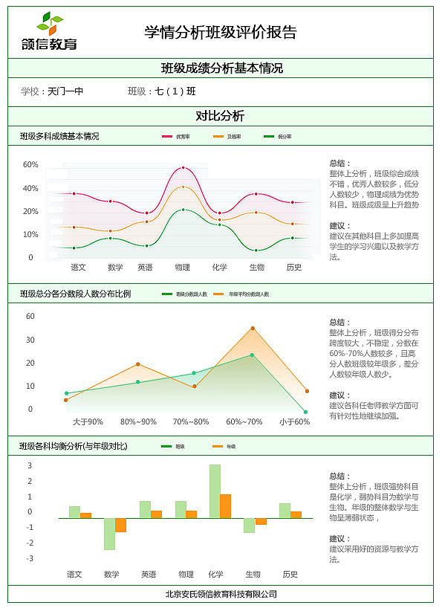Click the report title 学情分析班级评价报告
pyautogui.click(x=221, y=32)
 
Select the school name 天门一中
pyautogui.click(x=65, y=91)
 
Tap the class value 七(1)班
pyautogui.click(x=175, y=91)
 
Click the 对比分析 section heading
pyautogui.click(x=220, y=116)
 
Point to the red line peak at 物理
pyautogui.click(x=183, y=167)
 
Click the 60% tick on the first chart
pyautogui.click(x=30, y=164)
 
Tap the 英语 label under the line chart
pyautogui.click(x=146, y=267)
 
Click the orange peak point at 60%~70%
pyautogui.click(x=253, y=328)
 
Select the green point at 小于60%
pyautogui.click(x=305, y=411)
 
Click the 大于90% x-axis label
pyautogui.click(x=88, y=421)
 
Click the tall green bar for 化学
pyautogui.click(x=215, y=491)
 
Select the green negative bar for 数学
pyautogui.click(x=109, y=534)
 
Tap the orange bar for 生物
pyautogui.click(x=261, y=522)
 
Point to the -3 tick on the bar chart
pyautogui.click(x=30, y=558)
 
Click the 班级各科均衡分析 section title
pyautogui.click(x=74, y=446)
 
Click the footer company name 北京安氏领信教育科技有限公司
pyautogui.click(x=221, y=594)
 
